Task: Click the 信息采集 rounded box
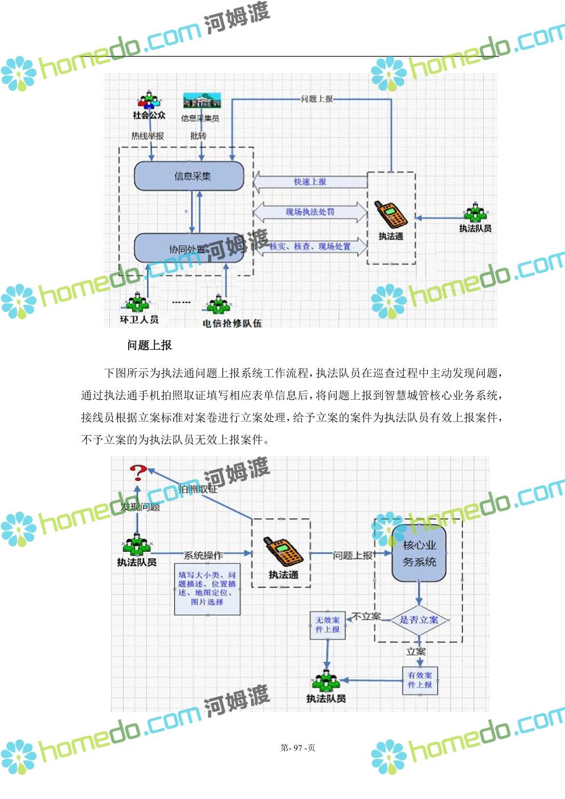(189, 176)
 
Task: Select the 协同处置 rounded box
(189, 248)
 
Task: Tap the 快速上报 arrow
(310, 182)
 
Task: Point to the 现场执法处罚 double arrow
(310, 212)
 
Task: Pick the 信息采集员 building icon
(202, 101)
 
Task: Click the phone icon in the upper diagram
(390, 214)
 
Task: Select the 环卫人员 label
(139, 319)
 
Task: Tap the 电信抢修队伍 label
(232, 323)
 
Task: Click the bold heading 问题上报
(149, 345)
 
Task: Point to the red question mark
(138, 472)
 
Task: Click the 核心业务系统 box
(419, 554)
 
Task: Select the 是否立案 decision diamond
(419, 620)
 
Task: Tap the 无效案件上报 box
(327, 625)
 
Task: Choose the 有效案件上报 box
(420, 680)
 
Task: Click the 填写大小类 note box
(207, 589)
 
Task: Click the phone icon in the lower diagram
(282, 551)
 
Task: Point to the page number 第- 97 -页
(298, 748)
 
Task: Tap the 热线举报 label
(148, 136)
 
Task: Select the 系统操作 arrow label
(203, 555)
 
